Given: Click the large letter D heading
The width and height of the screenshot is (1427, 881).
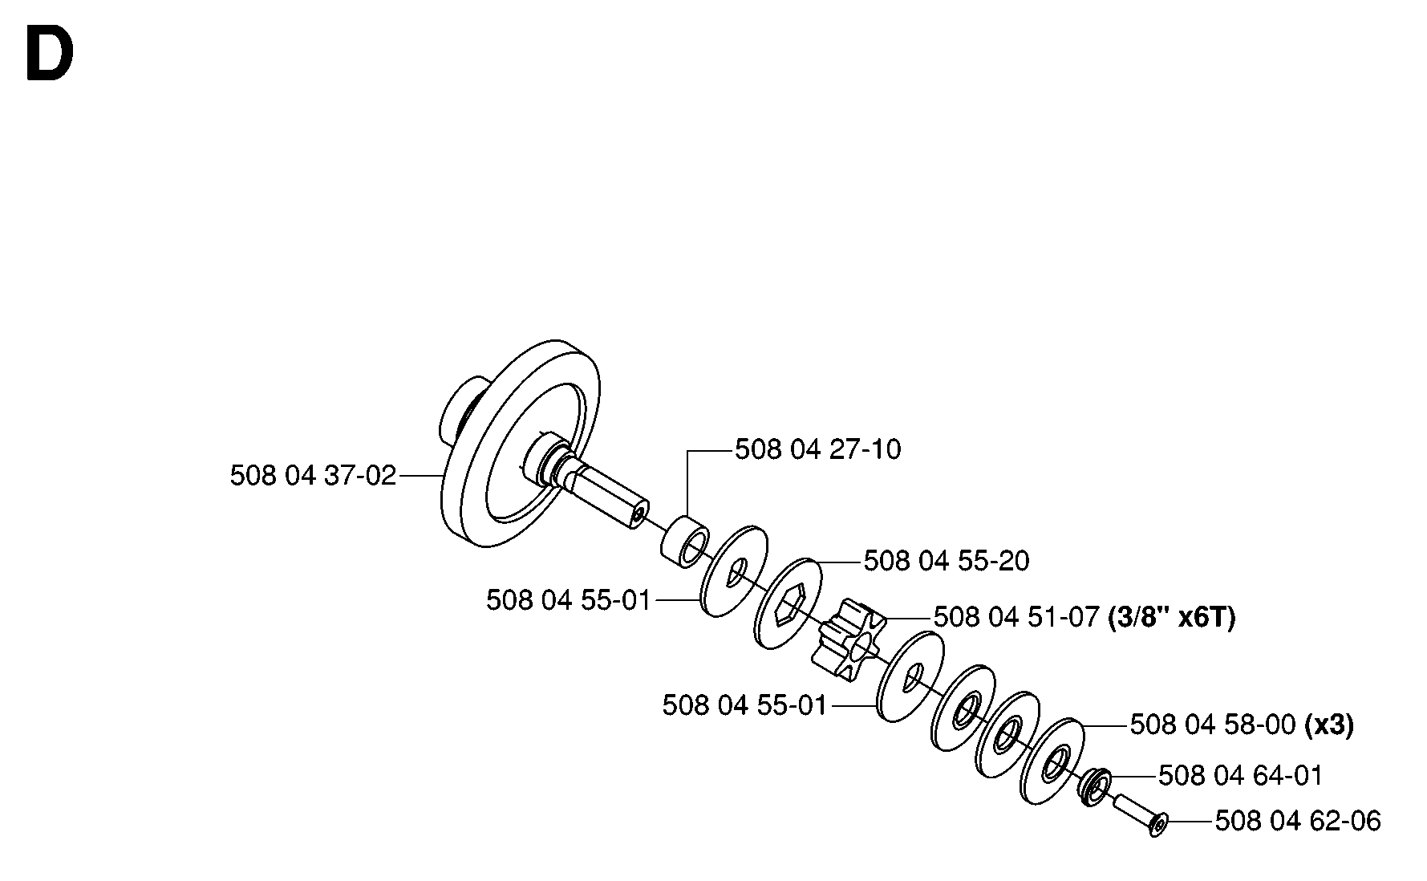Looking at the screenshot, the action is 50,53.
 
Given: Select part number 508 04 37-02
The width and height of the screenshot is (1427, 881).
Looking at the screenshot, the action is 313,476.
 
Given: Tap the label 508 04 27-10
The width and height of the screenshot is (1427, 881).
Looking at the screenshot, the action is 818,449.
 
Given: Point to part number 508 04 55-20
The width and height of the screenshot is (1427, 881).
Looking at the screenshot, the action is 947,561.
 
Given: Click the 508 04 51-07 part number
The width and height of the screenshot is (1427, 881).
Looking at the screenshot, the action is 1016,618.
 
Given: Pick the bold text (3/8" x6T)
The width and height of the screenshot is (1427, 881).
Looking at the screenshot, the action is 1171,618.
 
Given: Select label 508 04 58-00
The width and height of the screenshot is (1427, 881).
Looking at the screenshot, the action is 1213,725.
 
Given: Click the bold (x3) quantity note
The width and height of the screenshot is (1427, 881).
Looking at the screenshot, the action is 1329,725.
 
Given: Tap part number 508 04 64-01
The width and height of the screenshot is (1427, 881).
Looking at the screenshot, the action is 1241,776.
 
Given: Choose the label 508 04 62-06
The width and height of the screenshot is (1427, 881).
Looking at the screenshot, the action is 1298,822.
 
